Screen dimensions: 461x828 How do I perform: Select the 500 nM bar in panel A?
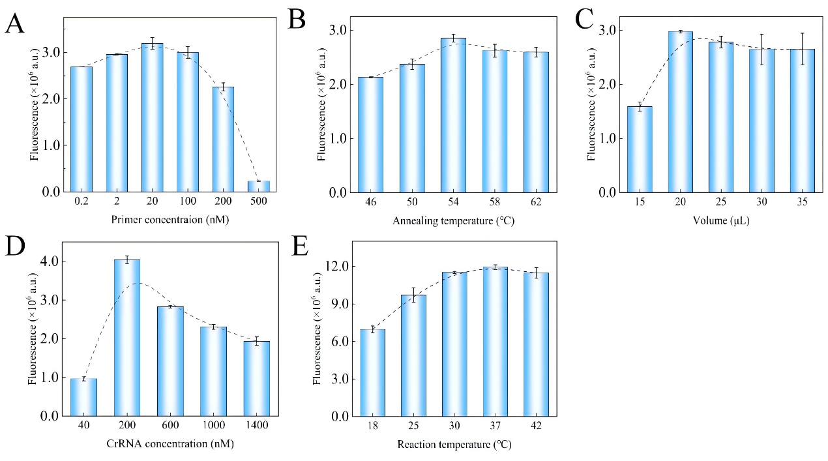259,186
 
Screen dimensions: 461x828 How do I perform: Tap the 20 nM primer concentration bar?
153,117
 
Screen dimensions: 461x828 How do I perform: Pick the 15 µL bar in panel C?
639,149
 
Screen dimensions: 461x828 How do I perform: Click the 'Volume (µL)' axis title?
720,220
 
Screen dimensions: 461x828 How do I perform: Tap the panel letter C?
584,20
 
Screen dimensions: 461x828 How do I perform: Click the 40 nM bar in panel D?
83,397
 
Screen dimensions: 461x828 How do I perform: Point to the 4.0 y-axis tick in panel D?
50,261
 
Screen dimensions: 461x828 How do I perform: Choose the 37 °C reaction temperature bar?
495,342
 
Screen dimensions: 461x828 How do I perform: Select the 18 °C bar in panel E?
372,372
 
